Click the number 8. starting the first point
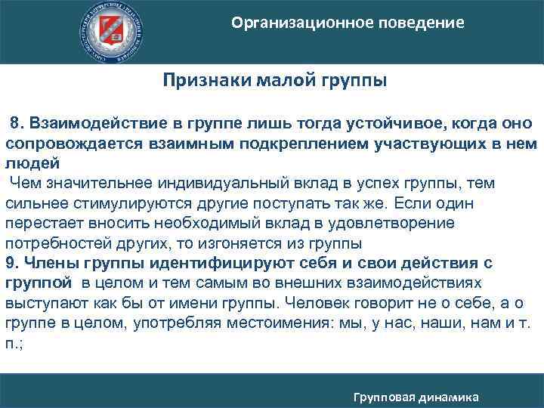[x=16, y=123]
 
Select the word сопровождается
[x=66, y=144]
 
